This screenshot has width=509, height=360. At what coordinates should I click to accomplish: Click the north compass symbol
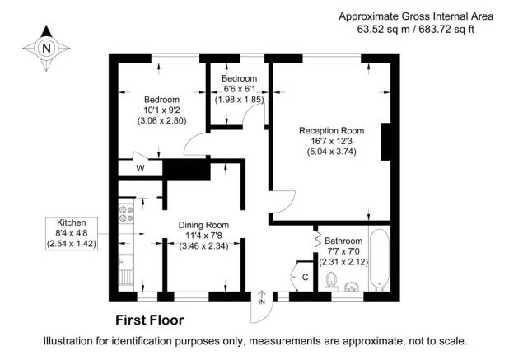(45, 47)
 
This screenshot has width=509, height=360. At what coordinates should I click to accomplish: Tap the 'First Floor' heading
(149, 320)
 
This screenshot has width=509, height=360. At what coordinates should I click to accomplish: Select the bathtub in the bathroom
(380, 259)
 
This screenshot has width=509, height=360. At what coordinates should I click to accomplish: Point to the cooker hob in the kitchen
(127, 214)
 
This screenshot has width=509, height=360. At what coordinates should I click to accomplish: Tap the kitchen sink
(126, 265)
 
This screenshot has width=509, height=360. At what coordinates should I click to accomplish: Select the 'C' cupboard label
(305, 277)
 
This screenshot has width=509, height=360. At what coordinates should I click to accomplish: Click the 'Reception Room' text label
(332, 130)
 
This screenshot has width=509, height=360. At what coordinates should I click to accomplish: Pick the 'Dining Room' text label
(203, 224)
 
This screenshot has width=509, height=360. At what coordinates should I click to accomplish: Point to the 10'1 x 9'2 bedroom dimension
(162, 108)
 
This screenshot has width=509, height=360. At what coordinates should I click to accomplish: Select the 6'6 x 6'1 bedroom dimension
(239, 89)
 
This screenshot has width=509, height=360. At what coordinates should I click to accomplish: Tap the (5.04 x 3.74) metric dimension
(332, 152)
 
